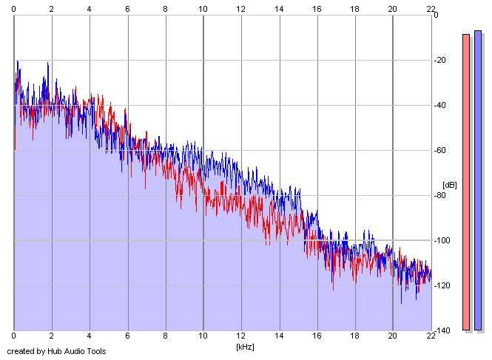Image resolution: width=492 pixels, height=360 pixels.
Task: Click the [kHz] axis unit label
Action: point(245,347)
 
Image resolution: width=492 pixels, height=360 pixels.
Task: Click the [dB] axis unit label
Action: point(450,185)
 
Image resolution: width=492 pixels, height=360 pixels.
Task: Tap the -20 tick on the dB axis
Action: point(439,60)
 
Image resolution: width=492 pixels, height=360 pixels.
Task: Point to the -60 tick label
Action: point(439,150)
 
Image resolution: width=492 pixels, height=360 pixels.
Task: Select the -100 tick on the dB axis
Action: point(442,240)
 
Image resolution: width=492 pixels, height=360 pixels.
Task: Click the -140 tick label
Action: point(442,330)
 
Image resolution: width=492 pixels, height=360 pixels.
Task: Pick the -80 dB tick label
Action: point(439,195)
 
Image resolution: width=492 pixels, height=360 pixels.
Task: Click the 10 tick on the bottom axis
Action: point(203,336)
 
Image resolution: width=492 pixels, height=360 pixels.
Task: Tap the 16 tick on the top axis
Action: point(317,9)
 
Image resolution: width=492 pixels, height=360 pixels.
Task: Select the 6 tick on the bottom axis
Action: point(127,336)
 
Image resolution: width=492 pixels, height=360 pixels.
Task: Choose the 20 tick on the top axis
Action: point(393,9)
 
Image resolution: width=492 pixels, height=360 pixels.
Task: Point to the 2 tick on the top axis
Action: point(52,9)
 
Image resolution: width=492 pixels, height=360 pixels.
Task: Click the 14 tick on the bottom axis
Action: point(279,336)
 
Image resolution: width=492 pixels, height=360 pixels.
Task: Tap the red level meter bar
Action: point(466,182)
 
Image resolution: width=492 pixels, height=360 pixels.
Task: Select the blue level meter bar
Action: point(478,180)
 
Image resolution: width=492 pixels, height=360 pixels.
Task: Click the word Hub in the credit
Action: point(55,351)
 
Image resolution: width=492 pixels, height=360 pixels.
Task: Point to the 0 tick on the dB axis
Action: point(436,15)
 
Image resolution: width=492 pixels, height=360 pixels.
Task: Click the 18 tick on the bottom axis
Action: point(354,336)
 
